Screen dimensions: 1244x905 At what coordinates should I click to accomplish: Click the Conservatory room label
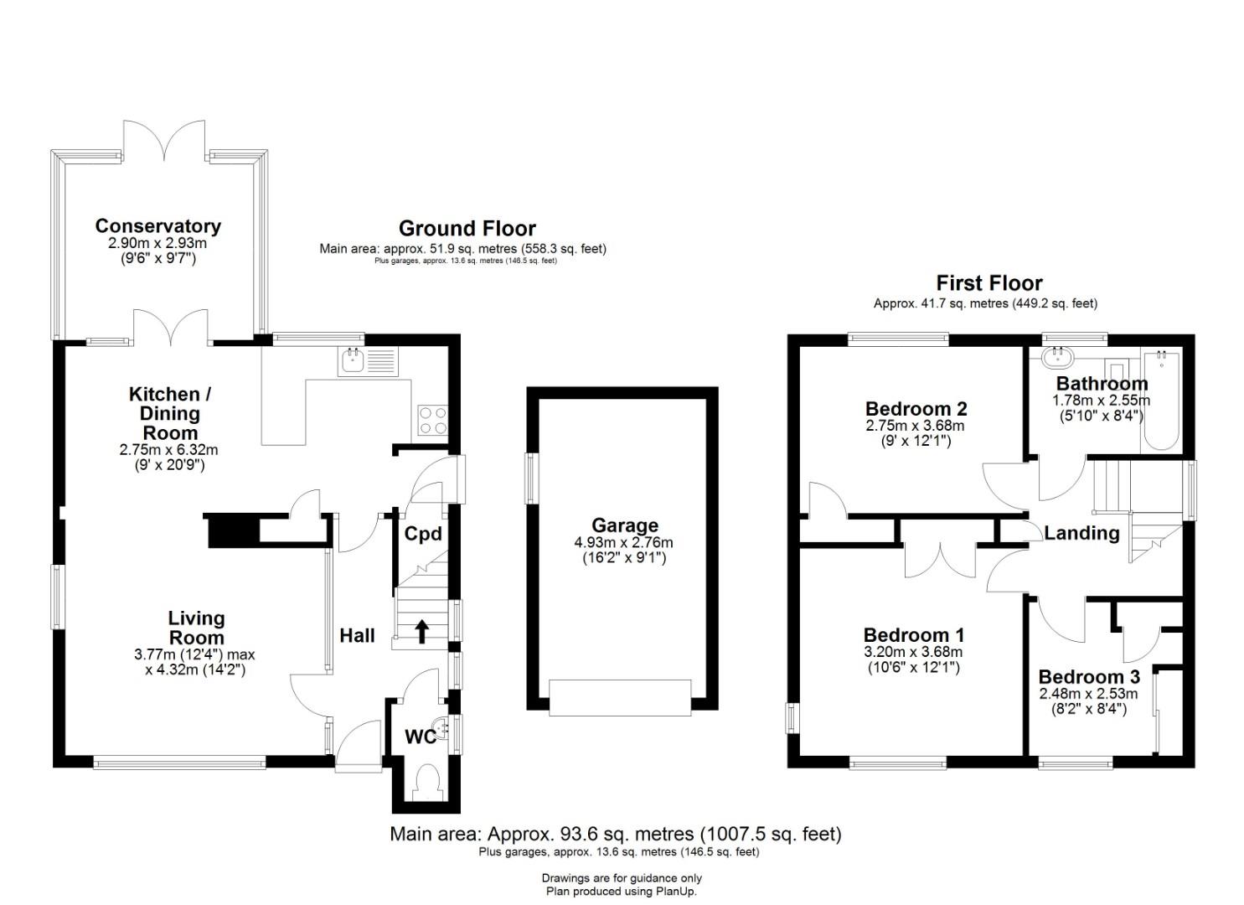[x=157, y=226]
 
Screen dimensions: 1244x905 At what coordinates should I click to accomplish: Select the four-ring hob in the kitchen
[x=432, y=420]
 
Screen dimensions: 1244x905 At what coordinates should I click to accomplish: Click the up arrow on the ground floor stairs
[x=422, y=632]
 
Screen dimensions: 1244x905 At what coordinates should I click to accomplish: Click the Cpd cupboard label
[x=423, y=534]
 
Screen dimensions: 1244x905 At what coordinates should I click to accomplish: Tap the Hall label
[x=357, y=635]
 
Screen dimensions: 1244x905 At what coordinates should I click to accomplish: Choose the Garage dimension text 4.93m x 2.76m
[x=623, y=541]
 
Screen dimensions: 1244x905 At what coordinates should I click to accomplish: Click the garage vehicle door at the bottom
[x=621, y=697]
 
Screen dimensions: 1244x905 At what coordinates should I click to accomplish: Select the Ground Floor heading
[x=467, y=228]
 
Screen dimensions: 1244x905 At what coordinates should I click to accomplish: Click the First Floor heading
[x=989, y=283]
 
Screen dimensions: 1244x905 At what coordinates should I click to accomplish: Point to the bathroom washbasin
[x=1056, y=356]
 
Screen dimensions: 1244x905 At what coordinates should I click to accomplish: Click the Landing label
[x=1081, y=533]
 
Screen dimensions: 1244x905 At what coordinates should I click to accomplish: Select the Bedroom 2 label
[x=916, y=409]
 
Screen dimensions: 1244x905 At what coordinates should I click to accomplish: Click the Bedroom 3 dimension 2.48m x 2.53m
[x=1088, y=694]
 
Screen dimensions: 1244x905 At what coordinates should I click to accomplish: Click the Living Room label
[x=196, y=628]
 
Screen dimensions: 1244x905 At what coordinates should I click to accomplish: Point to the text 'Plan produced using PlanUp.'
[x=622, y=891]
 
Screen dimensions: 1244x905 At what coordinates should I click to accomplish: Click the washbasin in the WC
[x=441, y=728]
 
